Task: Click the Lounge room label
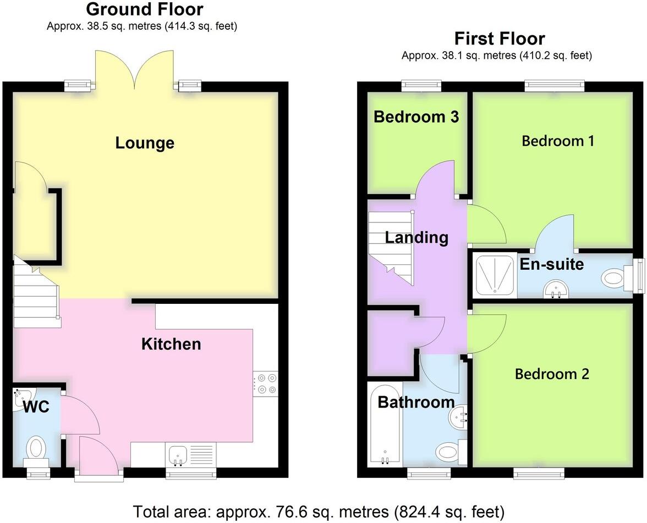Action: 145,143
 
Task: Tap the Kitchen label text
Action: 171,344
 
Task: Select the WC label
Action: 36,407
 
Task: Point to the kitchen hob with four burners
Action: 265,383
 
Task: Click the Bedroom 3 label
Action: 416,116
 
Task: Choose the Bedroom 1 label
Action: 557,141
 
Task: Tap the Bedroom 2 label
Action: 552,374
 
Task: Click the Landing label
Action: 416,237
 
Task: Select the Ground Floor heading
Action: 144,9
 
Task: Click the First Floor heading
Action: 499,38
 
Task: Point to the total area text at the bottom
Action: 319,511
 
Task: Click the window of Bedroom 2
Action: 539,472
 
